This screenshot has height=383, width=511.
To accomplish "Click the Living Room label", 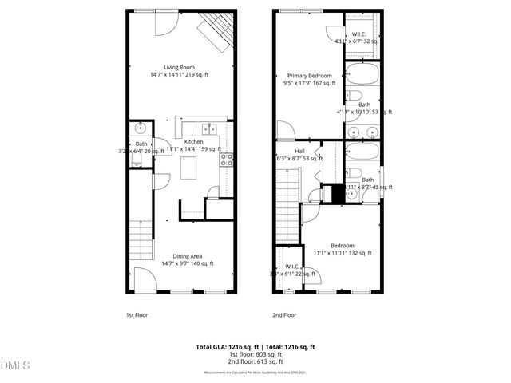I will point(181,68).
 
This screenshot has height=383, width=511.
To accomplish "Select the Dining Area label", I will point(180,256).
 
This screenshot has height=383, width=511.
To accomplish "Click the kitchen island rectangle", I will point(188,168).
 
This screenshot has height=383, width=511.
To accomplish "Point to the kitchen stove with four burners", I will point(226,158).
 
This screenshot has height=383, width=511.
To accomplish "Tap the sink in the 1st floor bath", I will point(141,128).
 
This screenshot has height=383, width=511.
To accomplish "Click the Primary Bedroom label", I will point(309,76).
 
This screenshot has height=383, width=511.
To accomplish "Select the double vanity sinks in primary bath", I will point(364,132).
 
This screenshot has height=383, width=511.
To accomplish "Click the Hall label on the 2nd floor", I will point(299,151).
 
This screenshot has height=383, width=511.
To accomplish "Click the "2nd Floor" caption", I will point(283,315).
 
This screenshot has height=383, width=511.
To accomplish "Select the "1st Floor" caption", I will point(137,315).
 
